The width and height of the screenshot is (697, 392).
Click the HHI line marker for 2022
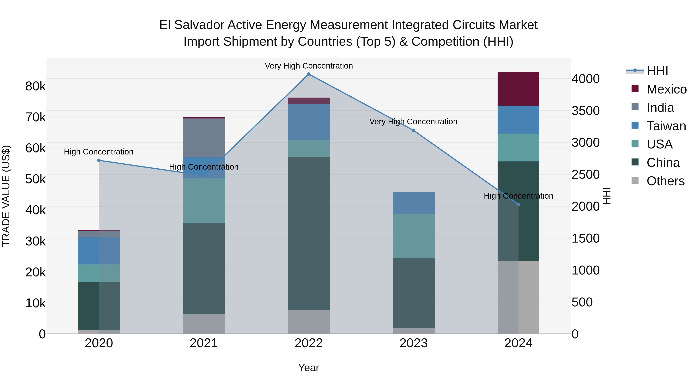[308, 74]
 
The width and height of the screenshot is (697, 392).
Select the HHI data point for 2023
[413, 130]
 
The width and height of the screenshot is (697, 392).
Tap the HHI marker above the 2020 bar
[99, 160]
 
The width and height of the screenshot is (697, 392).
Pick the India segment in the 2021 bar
[204, 137]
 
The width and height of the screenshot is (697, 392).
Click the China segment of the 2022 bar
[308, 233]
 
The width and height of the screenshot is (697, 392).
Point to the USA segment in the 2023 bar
[413, 236]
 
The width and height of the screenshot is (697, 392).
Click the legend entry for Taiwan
[666, 126]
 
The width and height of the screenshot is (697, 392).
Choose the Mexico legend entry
[666, 89]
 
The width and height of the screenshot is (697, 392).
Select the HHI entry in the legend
[657, 71]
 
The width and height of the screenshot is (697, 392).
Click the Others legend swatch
[635, 180]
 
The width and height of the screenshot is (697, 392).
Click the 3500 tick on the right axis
[585, 111]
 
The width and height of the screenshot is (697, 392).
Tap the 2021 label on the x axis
[204, 343]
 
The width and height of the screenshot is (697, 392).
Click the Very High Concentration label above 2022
[308, 66]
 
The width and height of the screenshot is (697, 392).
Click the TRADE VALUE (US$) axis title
[6, 196]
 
